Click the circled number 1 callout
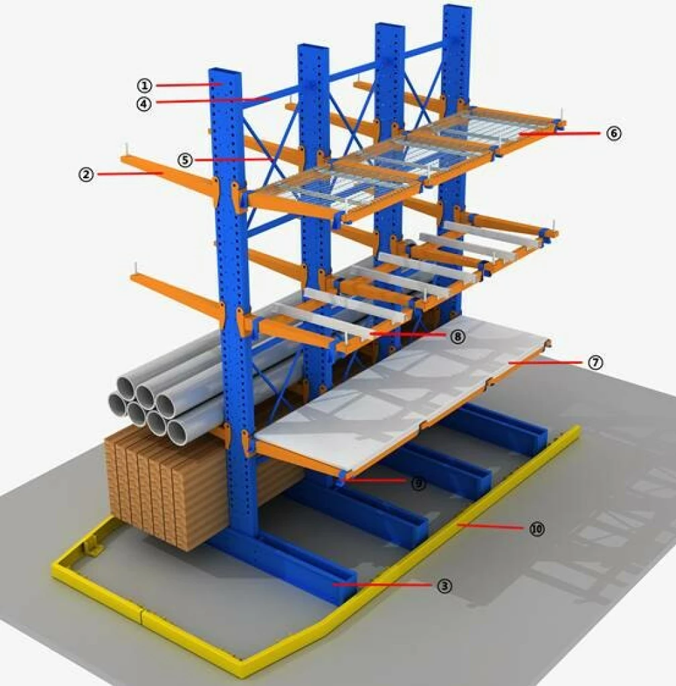tap(145, 85)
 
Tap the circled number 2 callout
tap(85, 174)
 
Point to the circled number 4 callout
tap(145, 103)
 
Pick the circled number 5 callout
tap(185, 160)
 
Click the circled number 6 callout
tap(614, 133)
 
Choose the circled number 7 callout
tap(596, 362)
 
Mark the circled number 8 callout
tap(457, 336)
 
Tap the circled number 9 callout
tap(418, 483)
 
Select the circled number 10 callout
tap(537, 529)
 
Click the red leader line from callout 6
tap(560, 134)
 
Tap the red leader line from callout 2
tap(131, 174)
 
